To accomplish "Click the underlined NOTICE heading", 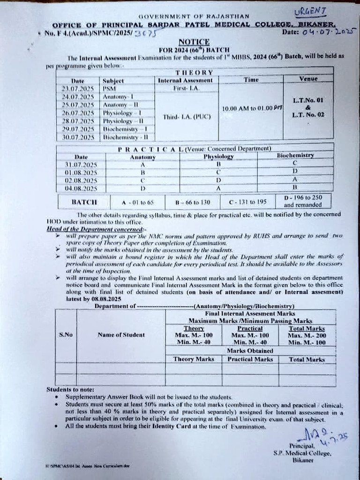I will tap(187, 42).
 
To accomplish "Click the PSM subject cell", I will tap(109, 88).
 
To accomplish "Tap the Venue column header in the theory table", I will tap(308, 79).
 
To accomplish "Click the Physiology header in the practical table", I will tap(218, 157).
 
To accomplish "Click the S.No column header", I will tap(66, 335).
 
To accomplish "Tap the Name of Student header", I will tap(121, 335).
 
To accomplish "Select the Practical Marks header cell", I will tap(250, 359).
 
